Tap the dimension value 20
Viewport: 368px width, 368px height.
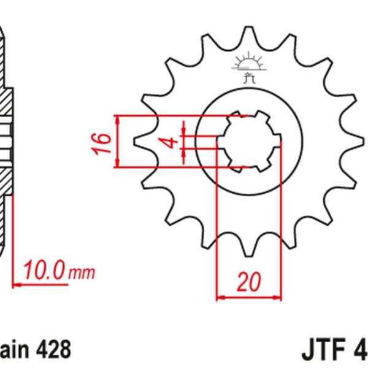[x=248, y=282]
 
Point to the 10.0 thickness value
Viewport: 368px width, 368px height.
[x=45, y=270]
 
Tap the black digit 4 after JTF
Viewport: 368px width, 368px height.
[x=361, y=352]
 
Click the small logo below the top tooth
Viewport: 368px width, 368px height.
[x=248, y=68]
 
